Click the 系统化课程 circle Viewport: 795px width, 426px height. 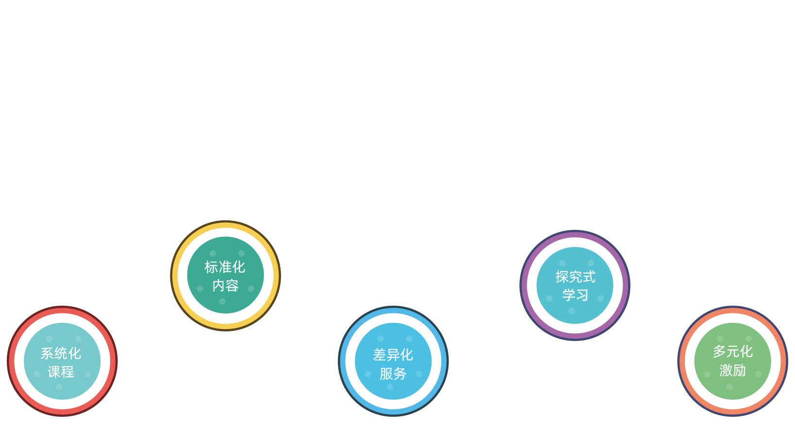point(62,361)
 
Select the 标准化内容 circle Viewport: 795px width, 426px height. point(225,276)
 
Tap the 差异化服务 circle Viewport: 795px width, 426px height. point(393,361)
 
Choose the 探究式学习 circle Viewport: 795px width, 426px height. point(575,285)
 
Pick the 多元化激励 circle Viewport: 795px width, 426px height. point(732,361)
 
